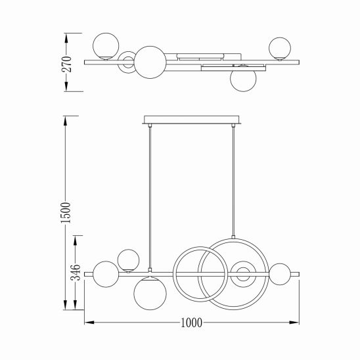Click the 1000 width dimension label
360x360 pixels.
pyautogui.click(x=191, y=323)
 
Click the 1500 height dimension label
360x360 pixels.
pyautogui.click(x=66, y=213)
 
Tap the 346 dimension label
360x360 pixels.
pyautogui.click(x=76, y=272)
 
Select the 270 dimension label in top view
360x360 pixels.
pyautogui.click(x=66, y=64)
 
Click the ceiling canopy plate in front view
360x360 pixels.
pyautogui.click(x=191, y=120)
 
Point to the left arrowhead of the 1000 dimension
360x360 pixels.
pyautogui.click(x=89, y=323)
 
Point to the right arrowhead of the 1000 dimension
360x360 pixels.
pyautogui.click(x=294, y=323)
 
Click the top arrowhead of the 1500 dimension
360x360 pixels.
pyautogui.click(x=66, y=121)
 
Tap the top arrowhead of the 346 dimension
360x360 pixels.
pyautogui.click(x=76, y=240)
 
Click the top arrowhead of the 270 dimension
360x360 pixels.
pyautogui.click(x=66, y=38)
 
